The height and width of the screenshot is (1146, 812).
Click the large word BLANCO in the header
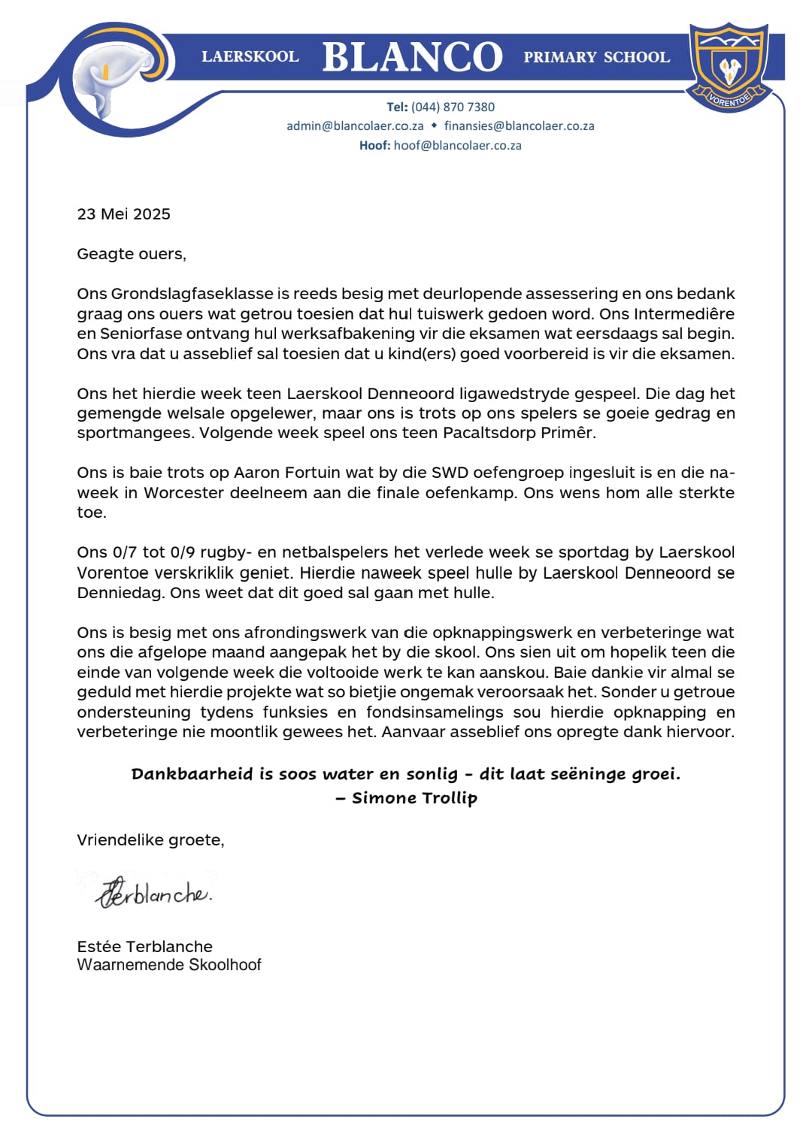[x=412, y=57]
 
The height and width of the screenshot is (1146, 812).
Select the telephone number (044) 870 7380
[x=453, y=107]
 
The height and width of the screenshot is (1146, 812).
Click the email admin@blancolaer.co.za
[x=355, y=126]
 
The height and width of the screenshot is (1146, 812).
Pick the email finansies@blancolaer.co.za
[x=519, y=126]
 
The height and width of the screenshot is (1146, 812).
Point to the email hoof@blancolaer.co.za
[x=457, y=146]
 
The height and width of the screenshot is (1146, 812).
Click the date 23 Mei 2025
[x=123, y=214]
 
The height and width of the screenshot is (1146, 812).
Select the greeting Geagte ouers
[x=131, y=254]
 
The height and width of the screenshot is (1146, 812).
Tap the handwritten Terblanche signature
[x=154, y=893]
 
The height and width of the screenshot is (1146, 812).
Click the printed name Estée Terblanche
[x=144, y=947]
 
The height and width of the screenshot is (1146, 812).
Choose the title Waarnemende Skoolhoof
[x=168, y=965]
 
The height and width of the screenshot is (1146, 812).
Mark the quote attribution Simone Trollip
[x=414, y=798]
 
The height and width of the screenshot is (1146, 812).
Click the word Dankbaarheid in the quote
[x=192, y=774]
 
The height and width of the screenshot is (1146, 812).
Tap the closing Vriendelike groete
[x=150, y=840]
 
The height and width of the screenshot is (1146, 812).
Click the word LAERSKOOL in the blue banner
[x=250, y=57]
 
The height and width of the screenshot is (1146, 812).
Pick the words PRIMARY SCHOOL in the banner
[x=596, y=57]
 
